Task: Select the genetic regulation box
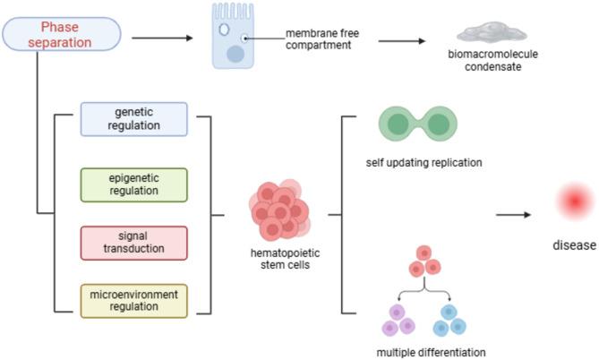133,118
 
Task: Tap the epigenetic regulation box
133,184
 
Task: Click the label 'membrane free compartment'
322,41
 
